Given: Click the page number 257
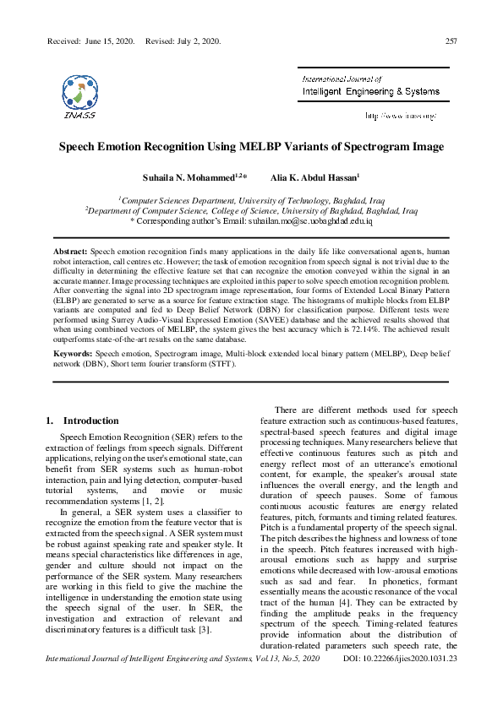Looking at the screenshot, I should pos(451,41).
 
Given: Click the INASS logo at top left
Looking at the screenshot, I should pos(79,93).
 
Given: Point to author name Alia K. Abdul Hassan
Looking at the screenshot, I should pos(314,178).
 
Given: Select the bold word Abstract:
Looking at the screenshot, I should pos(70,252).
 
